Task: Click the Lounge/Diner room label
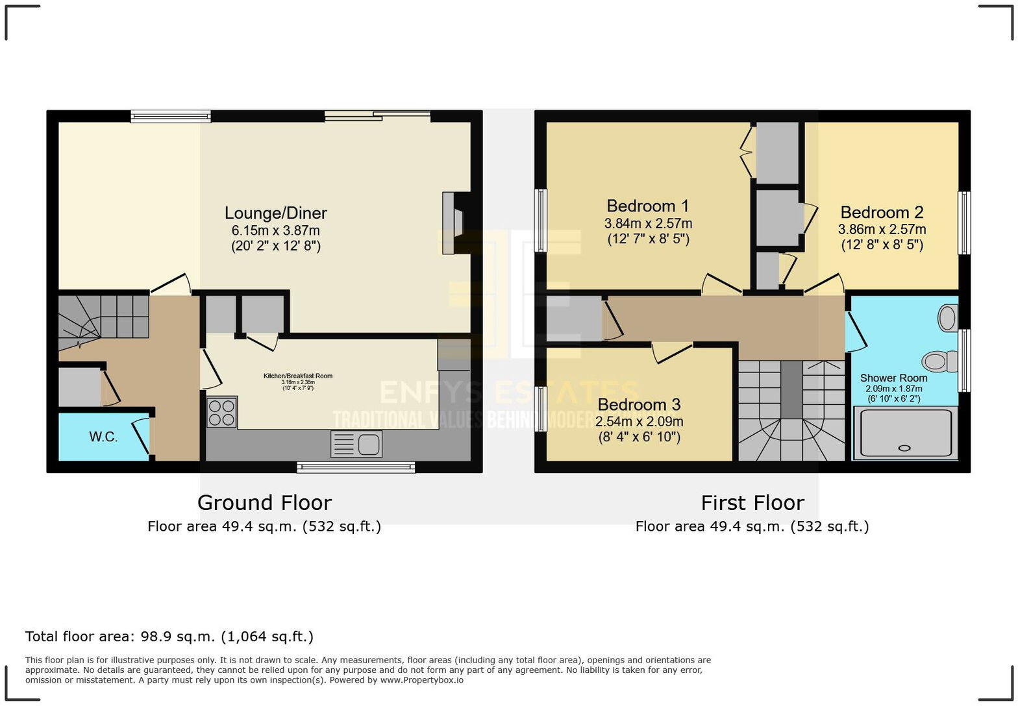point(275,213)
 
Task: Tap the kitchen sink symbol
point(356,444)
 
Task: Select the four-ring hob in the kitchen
point(221,412)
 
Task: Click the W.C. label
point(103,437)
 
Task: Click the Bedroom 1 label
point(647,206)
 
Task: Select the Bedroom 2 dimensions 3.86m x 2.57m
point(882,229)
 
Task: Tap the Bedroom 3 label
point(639,404)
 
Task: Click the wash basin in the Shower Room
point(948,318)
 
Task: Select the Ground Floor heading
point(264,502)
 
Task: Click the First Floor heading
point(752,502)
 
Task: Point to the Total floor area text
point(169,637)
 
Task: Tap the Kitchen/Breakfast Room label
point(298,376)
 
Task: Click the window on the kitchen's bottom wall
point(356,467)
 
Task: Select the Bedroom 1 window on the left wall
point(540,220)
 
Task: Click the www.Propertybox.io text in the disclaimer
point(421,680)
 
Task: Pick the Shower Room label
point(893,378)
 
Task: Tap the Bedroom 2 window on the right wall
point(965,223)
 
